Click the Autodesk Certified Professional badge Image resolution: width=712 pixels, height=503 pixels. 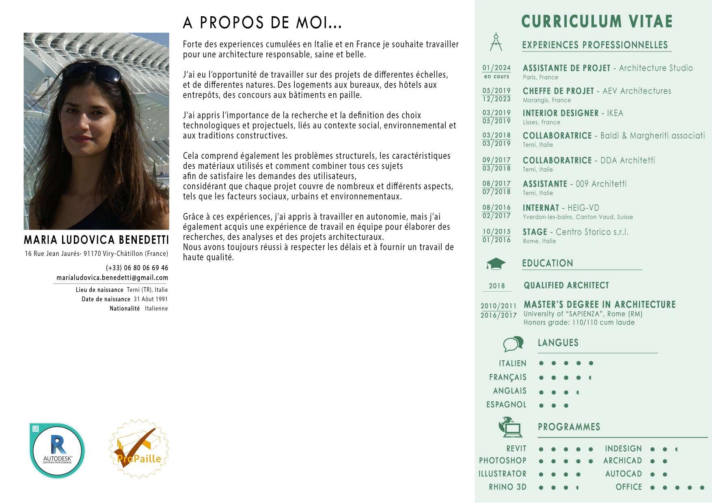pos(57,451)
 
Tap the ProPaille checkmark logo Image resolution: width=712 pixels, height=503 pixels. pos(139,449)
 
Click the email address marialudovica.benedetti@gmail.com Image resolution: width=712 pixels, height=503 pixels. pos(112,278)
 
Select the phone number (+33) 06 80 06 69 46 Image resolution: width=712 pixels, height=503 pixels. pos(137,268)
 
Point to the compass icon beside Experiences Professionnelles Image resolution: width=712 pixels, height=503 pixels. pos(496,42)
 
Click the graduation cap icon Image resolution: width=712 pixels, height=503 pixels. pos(496,264)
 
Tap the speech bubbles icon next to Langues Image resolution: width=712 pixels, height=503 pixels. pos(513,344)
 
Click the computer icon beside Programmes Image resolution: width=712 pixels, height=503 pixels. pos(510,427)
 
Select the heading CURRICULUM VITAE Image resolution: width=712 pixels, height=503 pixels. pos(597,21)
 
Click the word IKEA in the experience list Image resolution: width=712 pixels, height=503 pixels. pos(615,113)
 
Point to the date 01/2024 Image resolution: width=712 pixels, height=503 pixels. pos(496,68)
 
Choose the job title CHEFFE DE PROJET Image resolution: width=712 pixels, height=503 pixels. pos(558,91)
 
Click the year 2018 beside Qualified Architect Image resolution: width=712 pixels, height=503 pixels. pos(497,286)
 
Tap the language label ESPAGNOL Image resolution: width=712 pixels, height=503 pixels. pos(506,404)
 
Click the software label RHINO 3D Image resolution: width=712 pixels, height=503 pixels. pos(507,487)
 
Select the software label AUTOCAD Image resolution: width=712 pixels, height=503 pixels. pos(624,474)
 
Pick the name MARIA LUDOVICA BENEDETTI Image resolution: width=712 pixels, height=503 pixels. pos(96,240)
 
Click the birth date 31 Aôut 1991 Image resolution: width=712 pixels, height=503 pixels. pos(151,299)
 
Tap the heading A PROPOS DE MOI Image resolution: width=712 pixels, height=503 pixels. pos(262,23)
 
